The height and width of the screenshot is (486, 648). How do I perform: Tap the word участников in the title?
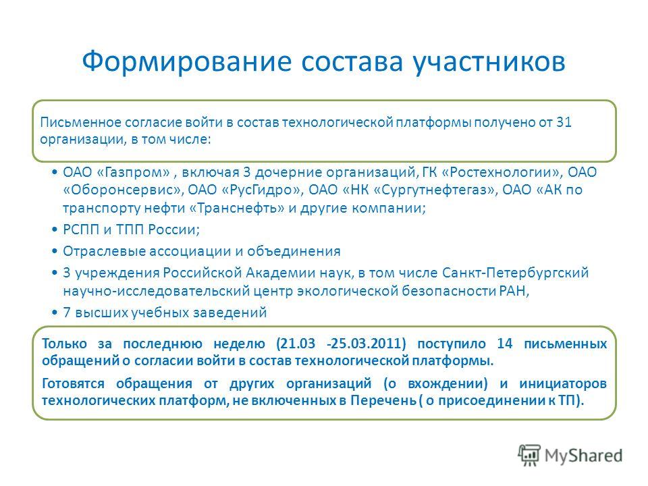click(489, 62)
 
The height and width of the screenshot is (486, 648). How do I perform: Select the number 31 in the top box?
click(564, 122)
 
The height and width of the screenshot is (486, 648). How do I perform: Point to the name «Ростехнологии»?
click(502, 172)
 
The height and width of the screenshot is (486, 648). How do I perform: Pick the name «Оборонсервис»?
click(123, 190)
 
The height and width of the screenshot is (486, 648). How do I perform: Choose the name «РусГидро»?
click(262, 190)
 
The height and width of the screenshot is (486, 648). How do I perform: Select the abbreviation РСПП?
click(81, 230)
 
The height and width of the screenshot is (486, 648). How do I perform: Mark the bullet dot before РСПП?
click(55, 230)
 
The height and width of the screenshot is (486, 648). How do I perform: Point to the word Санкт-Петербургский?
click(515, 273)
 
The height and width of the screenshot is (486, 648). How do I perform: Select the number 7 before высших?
click(67, 313)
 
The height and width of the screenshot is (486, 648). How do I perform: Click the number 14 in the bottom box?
click(505, 344)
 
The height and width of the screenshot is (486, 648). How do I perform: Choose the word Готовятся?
click(73, 383)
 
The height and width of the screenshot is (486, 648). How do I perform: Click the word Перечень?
click(383, 400)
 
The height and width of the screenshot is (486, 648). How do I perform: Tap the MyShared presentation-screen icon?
click(529, 455)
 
